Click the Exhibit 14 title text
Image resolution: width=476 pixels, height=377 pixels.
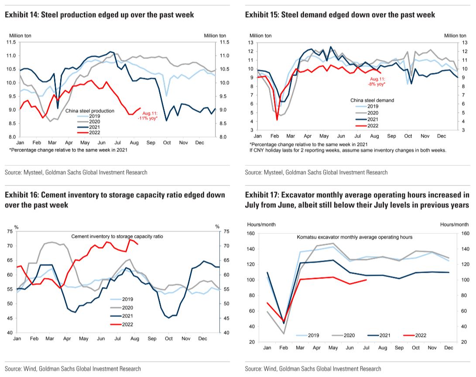coord(99,15)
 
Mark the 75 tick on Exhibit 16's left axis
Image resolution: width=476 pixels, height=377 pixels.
coord(10,231)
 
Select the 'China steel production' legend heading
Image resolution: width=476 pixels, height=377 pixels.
coord(90,111)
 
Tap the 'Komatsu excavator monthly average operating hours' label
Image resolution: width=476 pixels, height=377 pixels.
coord(354,237)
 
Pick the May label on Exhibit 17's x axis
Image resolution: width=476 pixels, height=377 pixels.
coord(333,347)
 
